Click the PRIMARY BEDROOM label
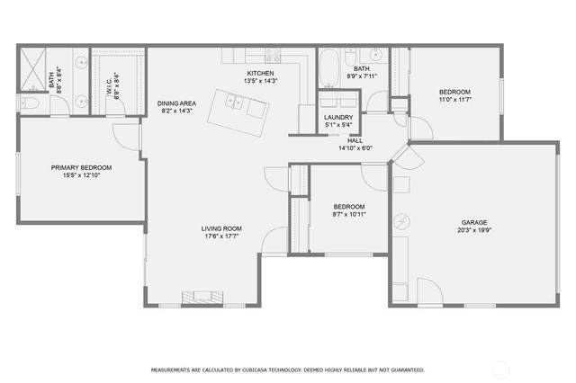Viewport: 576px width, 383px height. [x=81, y=167]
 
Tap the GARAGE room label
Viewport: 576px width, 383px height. [x=474, y=222]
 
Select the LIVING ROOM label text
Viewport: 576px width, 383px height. [x=221, y=228]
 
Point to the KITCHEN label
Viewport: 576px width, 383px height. [x=261, y=73]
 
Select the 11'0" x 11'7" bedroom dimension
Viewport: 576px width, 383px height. [x=454, y=101]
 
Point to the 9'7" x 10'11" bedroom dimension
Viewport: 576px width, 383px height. [x=349, y=215]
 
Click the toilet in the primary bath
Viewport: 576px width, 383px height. [x=30, y=104]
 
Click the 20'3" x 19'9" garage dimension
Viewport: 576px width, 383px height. [x=474, y=230]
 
